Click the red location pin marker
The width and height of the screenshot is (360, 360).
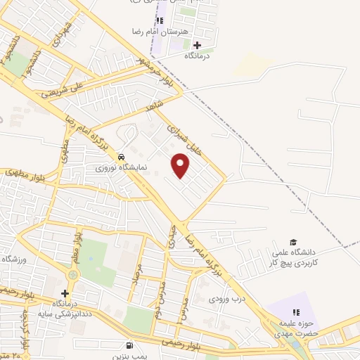click(x=181, y=166)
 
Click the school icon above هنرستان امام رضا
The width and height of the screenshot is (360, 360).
click(x=161, y=20)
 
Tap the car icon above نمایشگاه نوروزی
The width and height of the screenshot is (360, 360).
click(x=122, y=156)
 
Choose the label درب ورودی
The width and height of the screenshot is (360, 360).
click(x=226, y=298)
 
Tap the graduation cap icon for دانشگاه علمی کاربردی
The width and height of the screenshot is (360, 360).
click(x=294, y=242)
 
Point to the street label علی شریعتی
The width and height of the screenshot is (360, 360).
click(x=63, y=88)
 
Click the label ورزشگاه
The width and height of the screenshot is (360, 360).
click(x=14, y=259)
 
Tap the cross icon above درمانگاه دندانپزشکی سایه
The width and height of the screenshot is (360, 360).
click(x=65, y=293)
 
